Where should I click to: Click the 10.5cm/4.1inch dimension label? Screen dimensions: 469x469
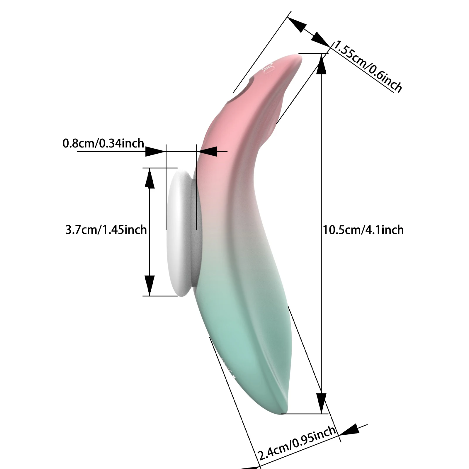point(363,230)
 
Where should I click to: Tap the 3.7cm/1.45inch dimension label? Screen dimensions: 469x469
point(106,230)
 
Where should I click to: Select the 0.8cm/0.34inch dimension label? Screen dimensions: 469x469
point(103,143)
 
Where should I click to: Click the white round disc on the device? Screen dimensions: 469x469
point(179,234)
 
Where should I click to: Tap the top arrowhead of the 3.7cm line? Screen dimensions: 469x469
point(150,178)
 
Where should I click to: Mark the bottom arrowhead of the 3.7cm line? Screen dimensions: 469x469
point(150,286)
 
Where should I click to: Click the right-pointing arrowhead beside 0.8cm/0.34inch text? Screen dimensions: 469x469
point(155,152)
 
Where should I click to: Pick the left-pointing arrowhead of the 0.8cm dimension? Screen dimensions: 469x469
point(207,152)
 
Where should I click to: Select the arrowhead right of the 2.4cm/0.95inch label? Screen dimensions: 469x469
point(349,430)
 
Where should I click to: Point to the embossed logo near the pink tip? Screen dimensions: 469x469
point(269,68)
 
